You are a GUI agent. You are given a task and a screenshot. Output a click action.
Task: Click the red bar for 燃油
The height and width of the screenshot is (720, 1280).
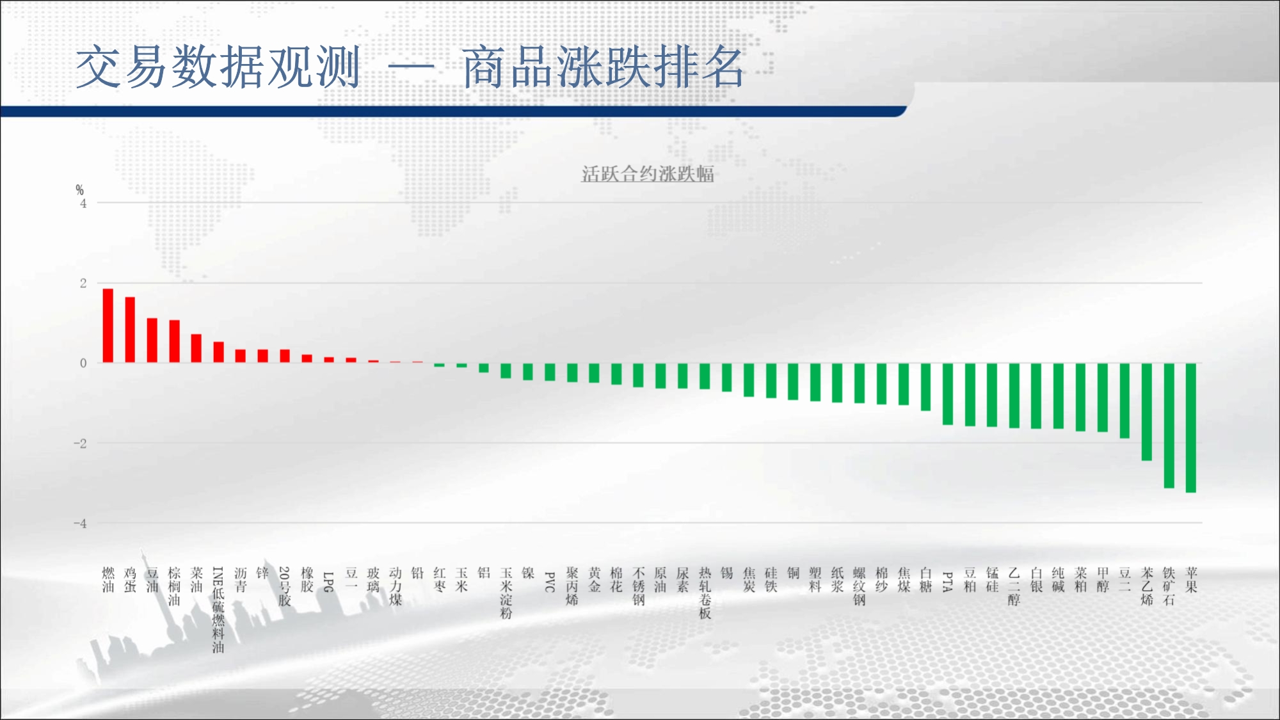(108, 326)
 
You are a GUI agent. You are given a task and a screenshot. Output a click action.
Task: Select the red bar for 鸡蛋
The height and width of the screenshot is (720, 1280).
(130, 330)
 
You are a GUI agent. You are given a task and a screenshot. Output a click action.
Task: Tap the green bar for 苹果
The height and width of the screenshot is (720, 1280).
(1191, 428)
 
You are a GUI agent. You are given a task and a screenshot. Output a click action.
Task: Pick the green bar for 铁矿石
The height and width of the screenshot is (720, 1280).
(1169, 426)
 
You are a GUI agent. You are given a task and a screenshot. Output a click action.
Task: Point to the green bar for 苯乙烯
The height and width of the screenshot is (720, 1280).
(1147, 412)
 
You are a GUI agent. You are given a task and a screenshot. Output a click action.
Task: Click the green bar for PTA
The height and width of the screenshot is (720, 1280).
(948, 394)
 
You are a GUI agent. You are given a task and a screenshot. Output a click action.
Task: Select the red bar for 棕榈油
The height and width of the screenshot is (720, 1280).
(174, 341)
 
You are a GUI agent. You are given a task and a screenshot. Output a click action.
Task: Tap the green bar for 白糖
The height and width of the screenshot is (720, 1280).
(925, 387)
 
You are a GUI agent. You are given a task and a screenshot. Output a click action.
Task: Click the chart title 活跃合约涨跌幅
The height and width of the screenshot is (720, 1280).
(648, 173)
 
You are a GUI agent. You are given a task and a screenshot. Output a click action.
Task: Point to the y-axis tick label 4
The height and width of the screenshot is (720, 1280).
(83, 204)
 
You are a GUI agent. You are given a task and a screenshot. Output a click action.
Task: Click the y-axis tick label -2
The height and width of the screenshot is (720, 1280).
(80, 443)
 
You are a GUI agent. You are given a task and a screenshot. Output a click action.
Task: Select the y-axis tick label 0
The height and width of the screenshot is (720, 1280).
(83, 363)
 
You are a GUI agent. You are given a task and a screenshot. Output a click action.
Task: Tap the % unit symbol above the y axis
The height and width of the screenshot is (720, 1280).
(79, 190)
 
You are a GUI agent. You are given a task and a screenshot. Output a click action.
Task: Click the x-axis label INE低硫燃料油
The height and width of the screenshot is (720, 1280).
(218, 610)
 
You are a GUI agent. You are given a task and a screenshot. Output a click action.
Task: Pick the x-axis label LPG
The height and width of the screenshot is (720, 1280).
(328, 582)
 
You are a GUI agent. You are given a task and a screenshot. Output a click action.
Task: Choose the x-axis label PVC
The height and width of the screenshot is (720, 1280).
(550, 582)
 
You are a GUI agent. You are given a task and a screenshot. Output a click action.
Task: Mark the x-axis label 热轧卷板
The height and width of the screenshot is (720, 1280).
(705, 593)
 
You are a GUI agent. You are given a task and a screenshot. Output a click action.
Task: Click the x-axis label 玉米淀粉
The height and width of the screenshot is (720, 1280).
(506, 593)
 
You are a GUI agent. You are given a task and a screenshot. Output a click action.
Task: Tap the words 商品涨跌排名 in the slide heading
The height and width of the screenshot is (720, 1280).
(603, 67)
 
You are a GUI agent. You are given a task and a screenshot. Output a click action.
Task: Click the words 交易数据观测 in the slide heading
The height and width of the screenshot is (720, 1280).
(218, 67)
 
